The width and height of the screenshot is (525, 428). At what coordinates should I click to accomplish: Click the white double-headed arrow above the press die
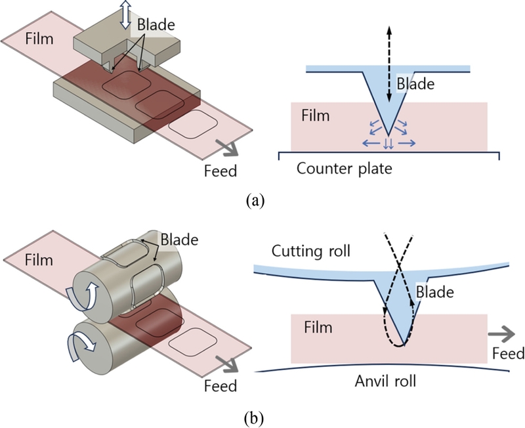pyautogui.click(x=125, y=14)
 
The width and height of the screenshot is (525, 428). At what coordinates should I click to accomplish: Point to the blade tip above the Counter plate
pyautogui.click(x=388, y=135)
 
